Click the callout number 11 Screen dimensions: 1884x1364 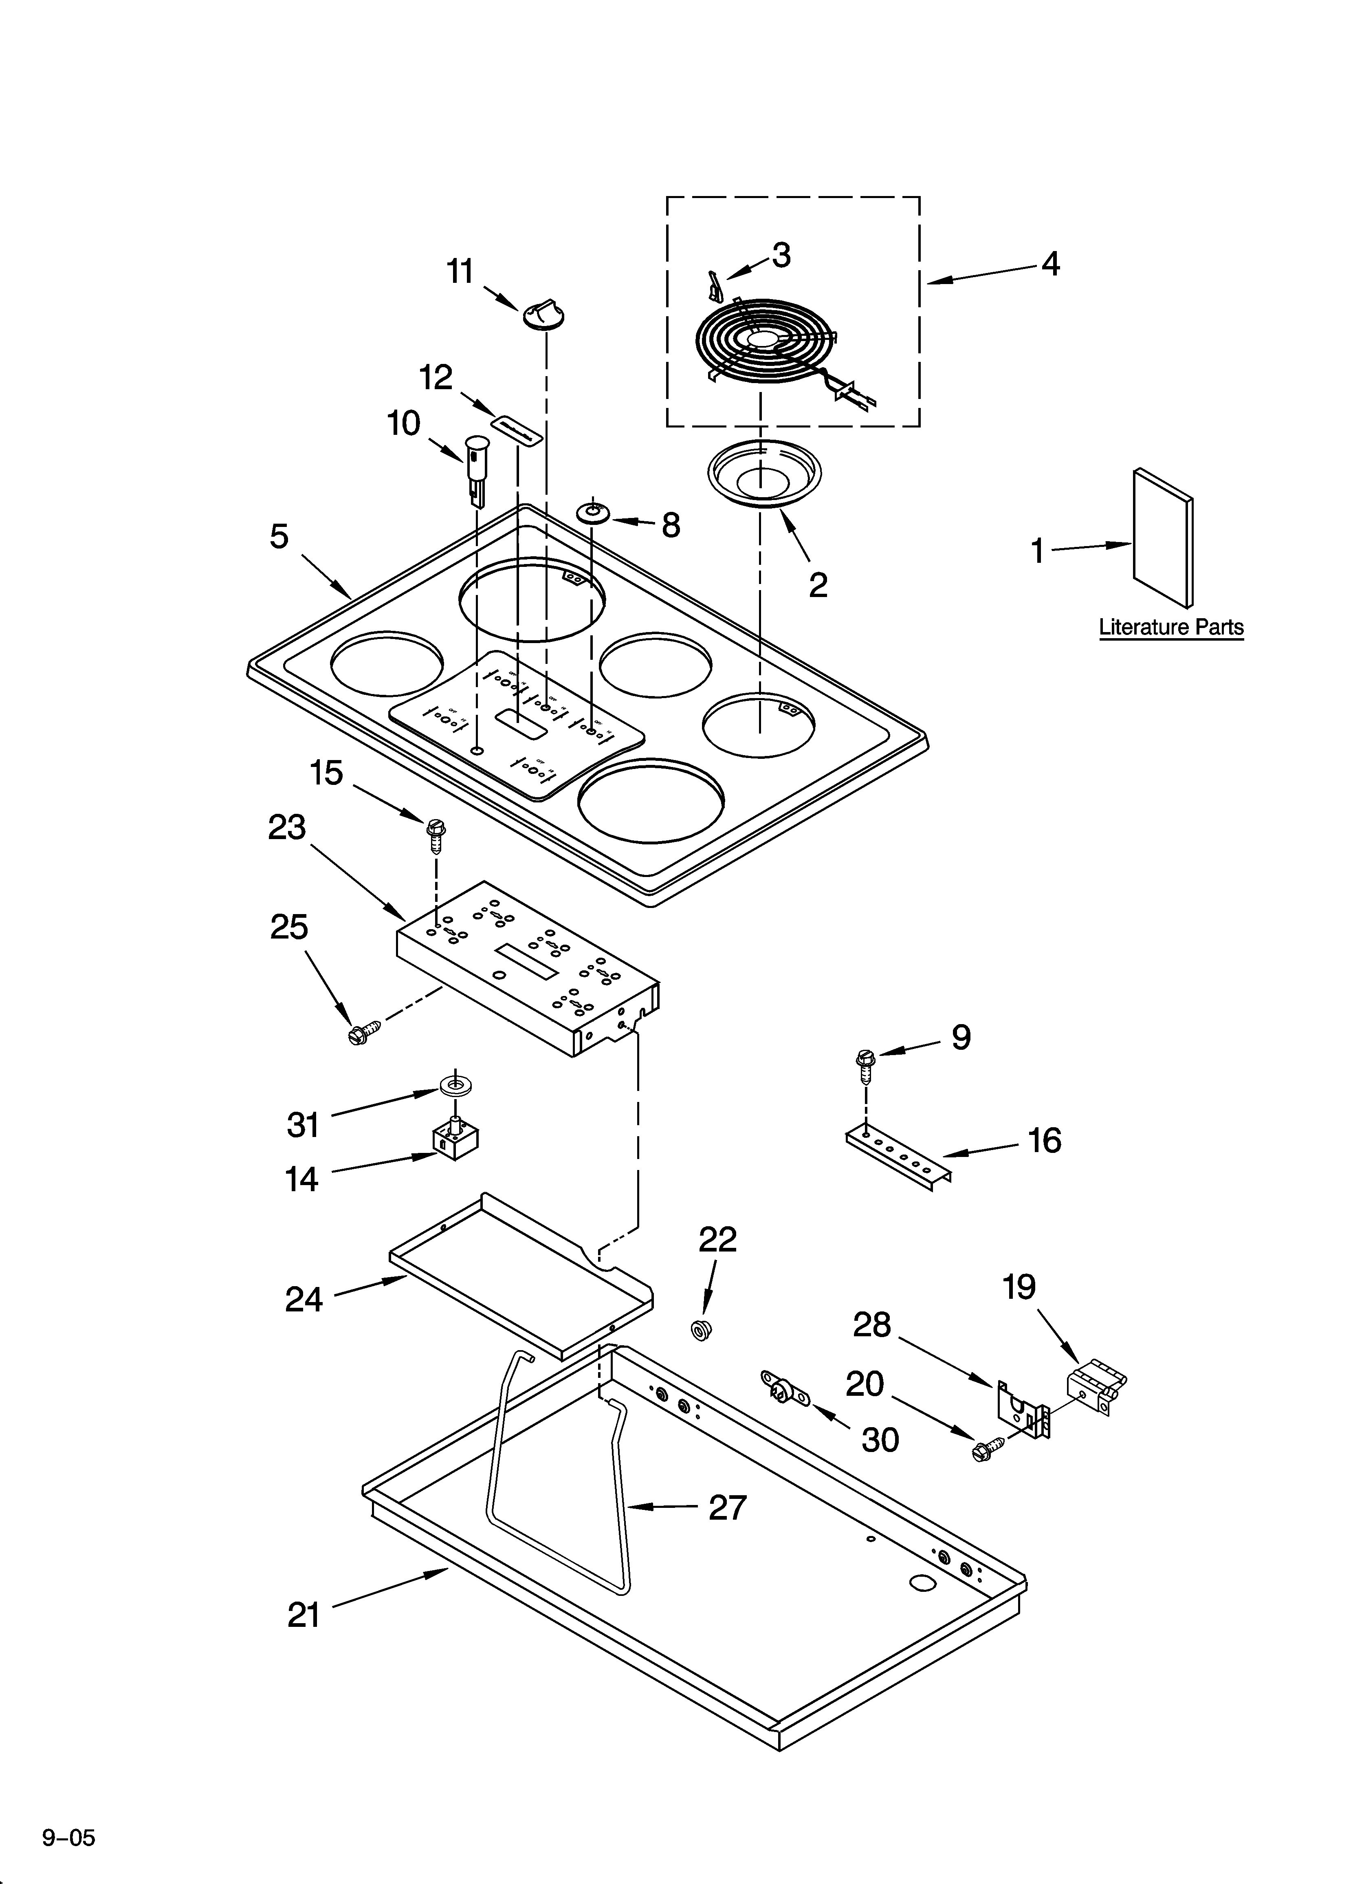[460, 272]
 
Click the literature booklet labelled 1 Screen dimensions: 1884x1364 [1163, 538]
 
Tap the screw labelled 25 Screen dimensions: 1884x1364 [364, 1033]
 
